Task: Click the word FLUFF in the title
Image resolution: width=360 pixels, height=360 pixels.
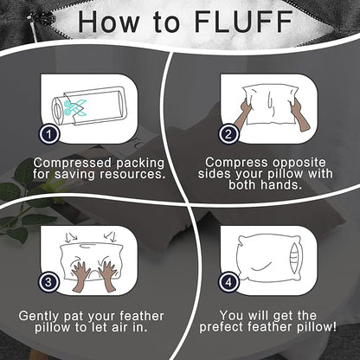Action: pyautogui.click(x=244, y=22)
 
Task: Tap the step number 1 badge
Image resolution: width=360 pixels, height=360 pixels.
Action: pyautogui.click(x=49, y=134)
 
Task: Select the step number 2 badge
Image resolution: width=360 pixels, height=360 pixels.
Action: pyautogui.click(x=228, y=134)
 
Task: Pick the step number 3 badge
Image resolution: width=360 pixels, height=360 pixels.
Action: pyautogui.click(x=49, y=282)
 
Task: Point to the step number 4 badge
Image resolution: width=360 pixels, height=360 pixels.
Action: pyautogui.click(x=228, y=282)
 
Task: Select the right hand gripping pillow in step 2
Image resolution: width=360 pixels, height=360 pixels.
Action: pyautogui.click(x=299, y=115)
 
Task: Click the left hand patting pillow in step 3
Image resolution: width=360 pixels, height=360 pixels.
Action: pyautogui.click(x=80, y=277)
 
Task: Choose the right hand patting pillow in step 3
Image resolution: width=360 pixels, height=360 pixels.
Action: pyautogui.click(x=107, y=276)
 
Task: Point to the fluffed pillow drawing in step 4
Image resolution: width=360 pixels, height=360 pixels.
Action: pyautogui.click(x=269, y=258)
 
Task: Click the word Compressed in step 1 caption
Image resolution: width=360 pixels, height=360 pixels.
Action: pyautogui.click(x=72, y=163)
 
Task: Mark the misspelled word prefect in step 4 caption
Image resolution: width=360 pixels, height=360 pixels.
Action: pyautogui.click(x=222, y=328)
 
